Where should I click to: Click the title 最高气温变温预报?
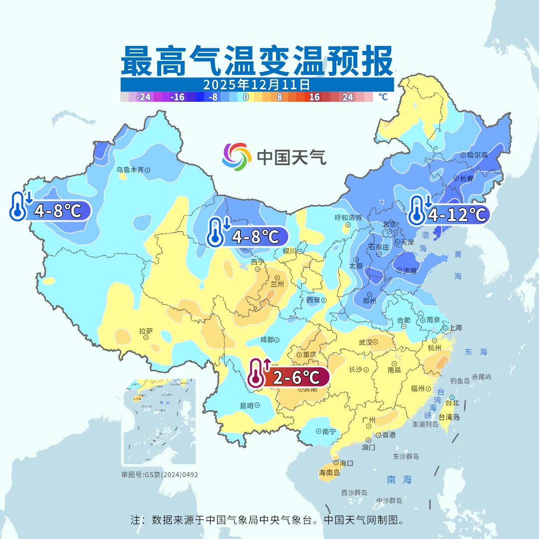(x=257, y=61)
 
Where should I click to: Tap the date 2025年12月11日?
(x=257, y=84)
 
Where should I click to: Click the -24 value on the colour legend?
(x=144, y=97)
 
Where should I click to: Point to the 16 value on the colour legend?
(x=314, y=97)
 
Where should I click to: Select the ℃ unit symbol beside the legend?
(x=383, y=97)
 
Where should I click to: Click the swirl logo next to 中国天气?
(x=237, y=156)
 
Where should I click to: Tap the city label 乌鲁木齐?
(x=130, y=170)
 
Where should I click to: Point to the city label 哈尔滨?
(x=477, y=155)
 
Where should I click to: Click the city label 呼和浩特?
(x=348, y=218)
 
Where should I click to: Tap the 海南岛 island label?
(x=329, y=472)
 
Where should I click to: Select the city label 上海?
(x=455, y=328)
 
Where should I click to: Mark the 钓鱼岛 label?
(x=460, y=381)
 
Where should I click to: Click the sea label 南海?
(x=399, y=480)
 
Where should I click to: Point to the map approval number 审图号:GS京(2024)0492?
(x=159, y=475)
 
